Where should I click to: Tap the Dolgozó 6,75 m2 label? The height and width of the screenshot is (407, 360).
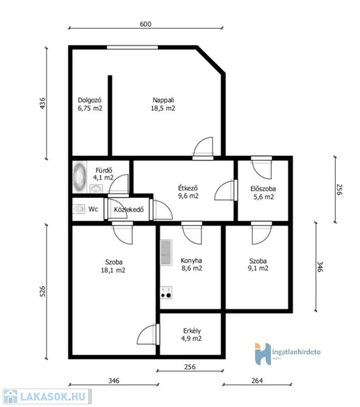click(90, 104)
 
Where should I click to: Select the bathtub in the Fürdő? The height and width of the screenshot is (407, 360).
click(79, 177)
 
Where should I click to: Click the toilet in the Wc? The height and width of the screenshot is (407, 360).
click(79, 209)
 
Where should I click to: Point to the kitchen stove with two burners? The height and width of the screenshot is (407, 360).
click(166, 293)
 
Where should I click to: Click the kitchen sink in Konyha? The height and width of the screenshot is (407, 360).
click(166, 253)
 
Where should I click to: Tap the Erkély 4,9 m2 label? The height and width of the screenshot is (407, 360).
click(192, 334)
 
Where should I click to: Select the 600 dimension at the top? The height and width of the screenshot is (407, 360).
click(146, 24)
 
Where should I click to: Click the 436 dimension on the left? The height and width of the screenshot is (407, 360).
click(42, 103)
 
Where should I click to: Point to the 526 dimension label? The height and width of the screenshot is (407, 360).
click(42, 291)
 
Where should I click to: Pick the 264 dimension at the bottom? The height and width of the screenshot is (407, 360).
click(257, 381)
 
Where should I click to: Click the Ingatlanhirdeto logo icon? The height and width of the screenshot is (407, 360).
click(263, 354)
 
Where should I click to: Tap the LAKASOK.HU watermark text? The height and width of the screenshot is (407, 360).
click(52, 396)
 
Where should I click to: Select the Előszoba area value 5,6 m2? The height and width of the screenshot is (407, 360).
click(264, 197)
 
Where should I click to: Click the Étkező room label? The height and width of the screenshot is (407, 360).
click(188, 188)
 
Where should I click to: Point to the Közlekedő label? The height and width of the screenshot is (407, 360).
click(129, 209)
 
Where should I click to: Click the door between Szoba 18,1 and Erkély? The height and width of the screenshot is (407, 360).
click(148, 334)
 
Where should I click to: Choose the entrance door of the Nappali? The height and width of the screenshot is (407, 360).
click(203, 148)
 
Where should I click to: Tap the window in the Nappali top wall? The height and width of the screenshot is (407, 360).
click(132, 47)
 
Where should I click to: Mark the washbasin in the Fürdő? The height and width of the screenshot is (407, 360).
click(96, 189)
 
